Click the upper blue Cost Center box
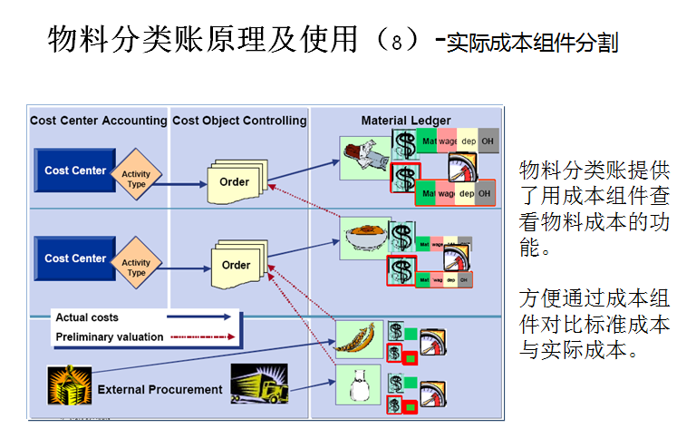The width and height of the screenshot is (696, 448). point(75,170)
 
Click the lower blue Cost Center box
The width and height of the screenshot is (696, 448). point(75,258)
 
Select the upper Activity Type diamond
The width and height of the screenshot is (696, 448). point(136,174)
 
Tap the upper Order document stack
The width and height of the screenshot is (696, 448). point(235,181)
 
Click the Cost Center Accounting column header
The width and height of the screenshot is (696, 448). point(98,121)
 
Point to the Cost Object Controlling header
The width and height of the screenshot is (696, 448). point(239,121)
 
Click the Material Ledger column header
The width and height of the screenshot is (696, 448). point(405,121)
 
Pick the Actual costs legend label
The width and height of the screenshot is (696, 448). point(87,318)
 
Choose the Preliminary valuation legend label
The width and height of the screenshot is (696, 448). point(110,336)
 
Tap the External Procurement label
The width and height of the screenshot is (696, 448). point(159,390)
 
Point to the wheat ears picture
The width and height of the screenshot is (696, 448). point(360,340)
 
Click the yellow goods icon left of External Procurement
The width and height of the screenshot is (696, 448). point(69,385)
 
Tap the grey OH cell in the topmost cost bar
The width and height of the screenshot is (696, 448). point(488,142)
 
